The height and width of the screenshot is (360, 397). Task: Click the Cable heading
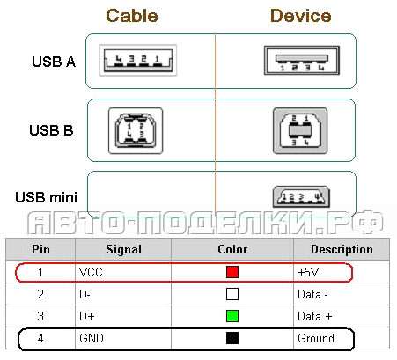[132, 16]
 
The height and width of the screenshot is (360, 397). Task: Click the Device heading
[301, 16]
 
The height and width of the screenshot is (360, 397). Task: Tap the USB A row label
[54, 62]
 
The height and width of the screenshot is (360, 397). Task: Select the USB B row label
[51, 130]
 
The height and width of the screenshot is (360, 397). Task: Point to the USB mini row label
[47, 197]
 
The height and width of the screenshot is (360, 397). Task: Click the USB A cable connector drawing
[138, 60]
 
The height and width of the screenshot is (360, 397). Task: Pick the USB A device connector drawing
[302, 60]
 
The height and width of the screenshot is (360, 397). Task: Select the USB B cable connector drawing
[136, 130]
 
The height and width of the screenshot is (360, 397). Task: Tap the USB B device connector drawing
[300, 130]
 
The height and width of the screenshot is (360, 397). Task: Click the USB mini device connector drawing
[301, 196]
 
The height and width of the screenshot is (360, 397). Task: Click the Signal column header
[123, 250]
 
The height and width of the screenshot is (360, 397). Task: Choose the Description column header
[342, 249]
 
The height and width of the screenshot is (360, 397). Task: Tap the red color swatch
[232, 272]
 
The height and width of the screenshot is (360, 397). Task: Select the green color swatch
[232, 316]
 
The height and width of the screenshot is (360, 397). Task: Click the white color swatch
[232, 294]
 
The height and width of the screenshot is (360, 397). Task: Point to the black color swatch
[232, 338]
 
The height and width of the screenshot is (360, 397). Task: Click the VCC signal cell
[91, 272]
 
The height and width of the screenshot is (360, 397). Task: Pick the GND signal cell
[92, 338]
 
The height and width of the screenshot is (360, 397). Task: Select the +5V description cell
[308, 272]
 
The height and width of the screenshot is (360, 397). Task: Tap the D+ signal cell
[86, 316]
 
